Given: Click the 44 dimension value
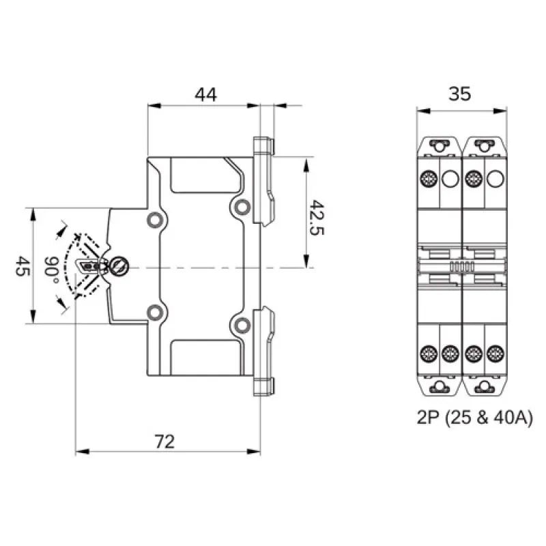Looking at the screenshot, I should (x=205, y=95).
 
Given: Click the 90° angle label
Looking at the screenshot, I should (x=52, y=266).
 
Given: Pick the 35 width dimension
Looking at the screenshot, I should (x=461, y=94).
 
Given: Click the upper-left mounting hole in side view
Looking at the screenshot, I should (x=156, y=220).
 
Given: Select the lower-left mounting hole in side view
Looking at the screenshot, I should (x=156, y=313).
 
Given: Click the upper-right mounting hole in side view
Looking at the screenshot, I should (x=240, y=206).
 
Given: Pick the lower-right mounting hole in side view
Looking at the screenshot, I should (x=240, y=325).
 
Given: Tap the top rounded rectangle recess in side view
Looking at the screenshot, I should (x=204, y=175).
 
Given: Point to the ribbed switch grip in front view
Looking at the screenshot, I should (x=462, y=267).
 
